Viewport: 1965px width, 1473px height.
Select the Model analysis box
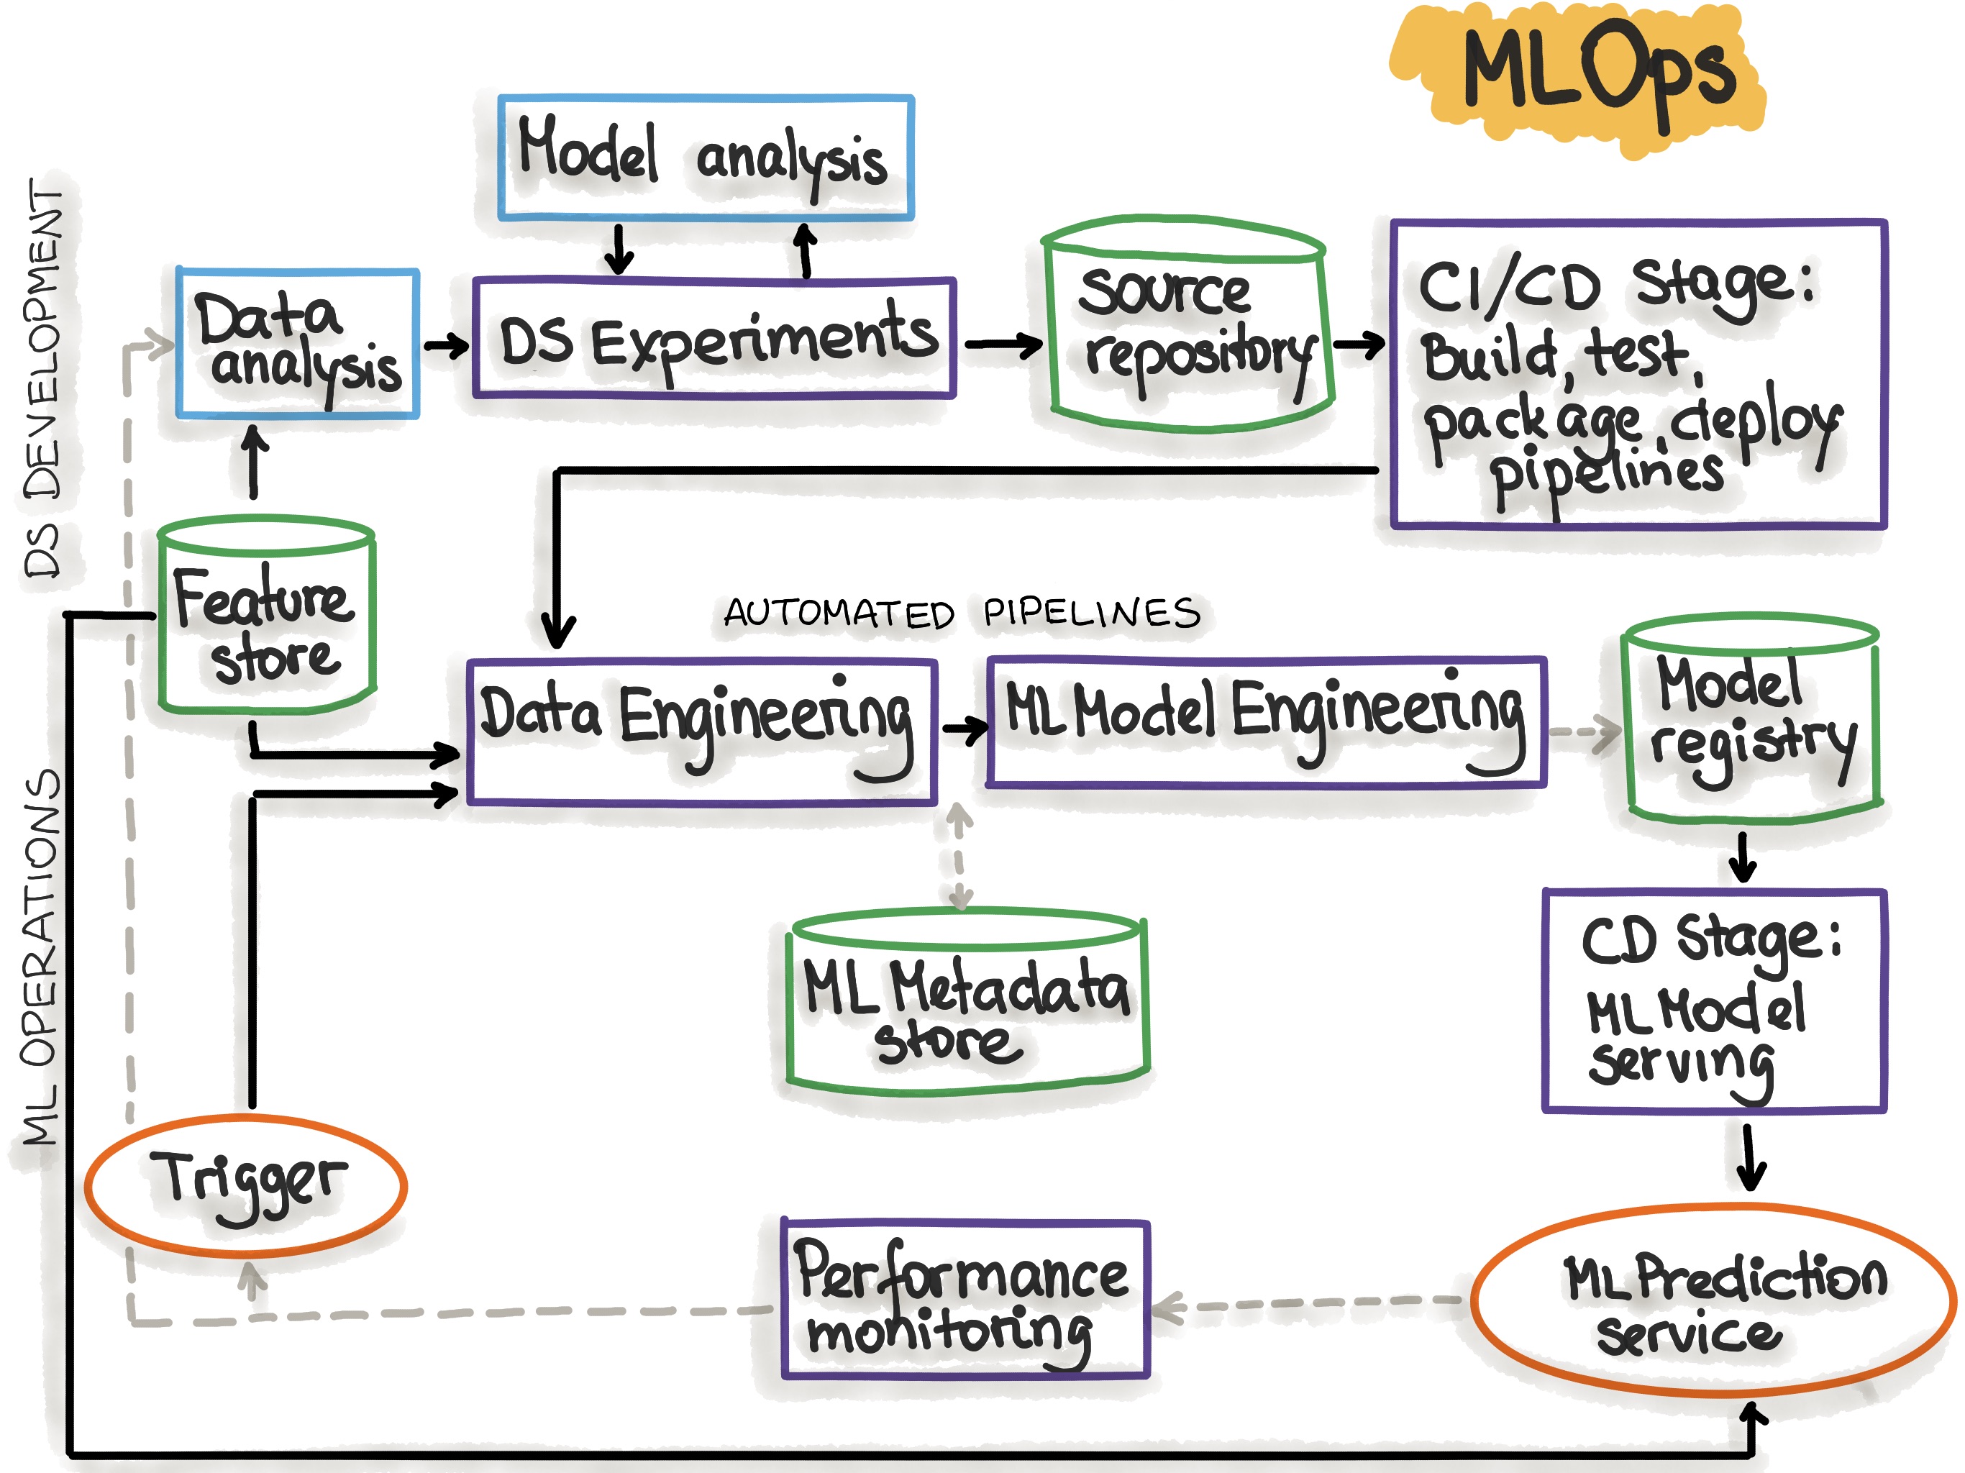(x=706, y=158)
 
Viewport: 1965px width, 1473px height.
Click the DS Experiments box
(x=715, y=339)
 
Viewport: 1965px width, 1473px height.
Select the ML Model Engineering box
(x=1266, y=722)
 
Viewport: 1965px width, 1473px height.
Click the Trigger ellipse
(x=247, y=1185)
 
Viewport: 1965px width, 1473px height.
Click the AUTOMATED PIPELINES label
(x=962, y=613)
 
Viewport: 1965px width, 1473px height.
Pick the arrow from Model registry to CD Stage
(x=1742, y=857)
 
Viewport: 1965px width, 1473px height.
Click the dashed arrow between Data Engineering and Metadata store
(x=959, y=857)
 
